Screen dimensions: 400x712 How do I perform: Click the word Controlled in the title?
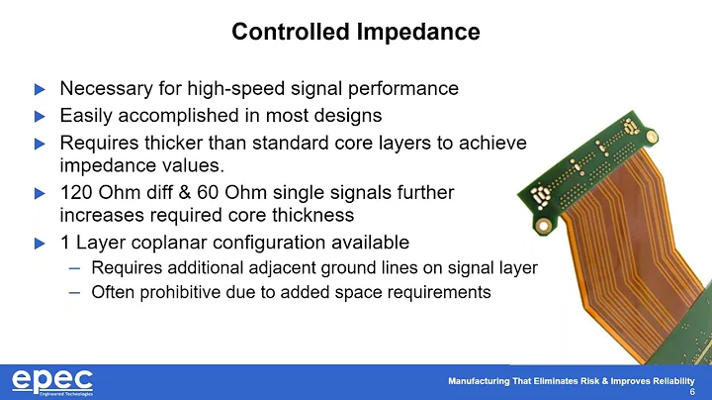click(290, 32)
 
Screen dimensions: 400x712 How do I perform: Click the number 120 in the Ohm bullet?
click(75, 190)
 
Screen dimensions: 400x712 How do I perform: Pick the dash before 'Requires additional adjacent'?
click(75, 267)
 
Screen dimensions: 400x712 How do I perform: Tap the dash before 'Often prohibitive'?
click(75, 292)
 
